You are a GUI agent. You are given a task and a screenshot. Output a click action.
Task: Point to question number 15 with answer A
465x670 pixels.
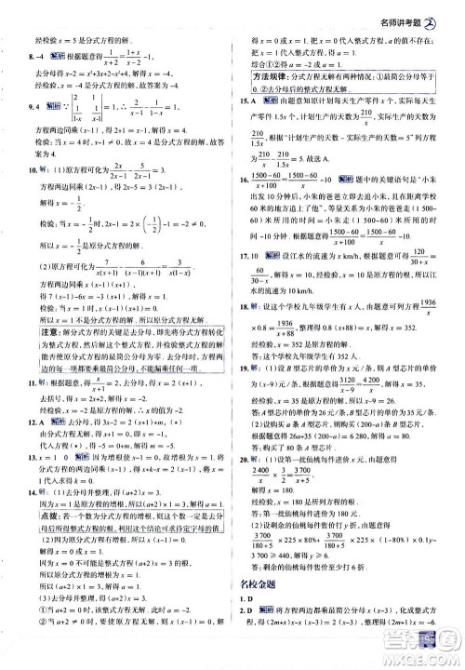(x=243, y=100)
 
